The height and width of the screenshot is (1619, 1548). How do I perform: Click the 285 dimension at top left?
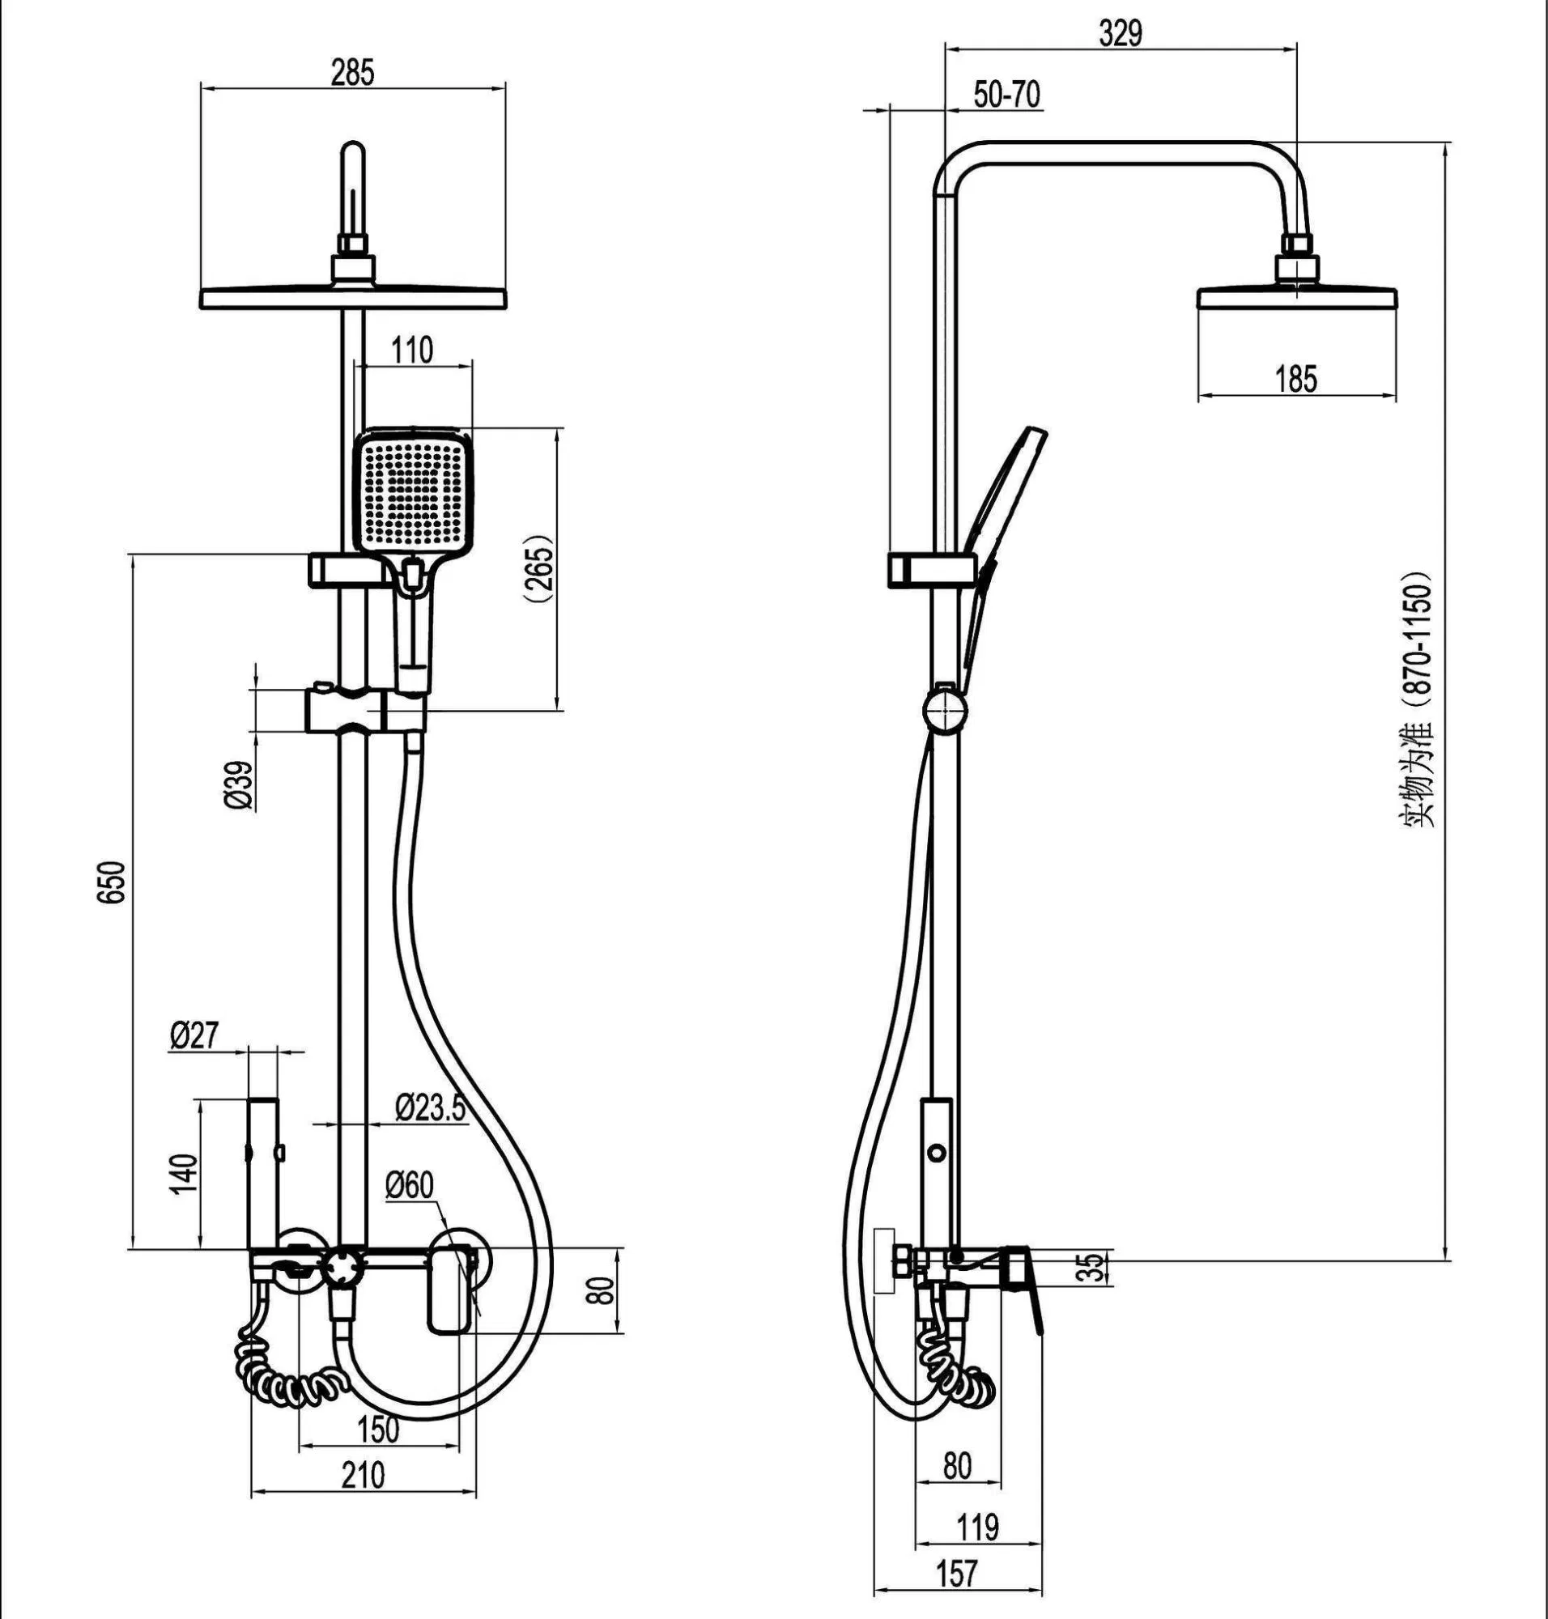(352, 74)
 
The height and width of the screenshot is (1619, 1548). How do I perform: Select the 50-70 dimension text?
(1006, 95)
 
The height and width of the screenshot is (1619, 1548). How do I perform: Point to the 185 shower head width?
(1296, 379)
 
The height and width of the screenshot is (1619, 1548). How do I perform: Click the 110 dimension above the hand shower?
(412, 350)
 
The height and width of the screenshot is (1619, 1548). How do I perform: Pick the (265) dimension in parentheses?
(541, 568)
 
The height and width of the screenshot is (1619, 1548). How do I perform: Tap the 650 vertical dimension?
(114, 882)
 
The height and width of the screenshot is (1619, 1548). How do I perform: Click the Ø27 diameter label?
(196, 1035)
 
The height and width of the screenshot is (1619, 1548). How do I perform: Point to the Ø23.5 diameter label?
(430, 1107)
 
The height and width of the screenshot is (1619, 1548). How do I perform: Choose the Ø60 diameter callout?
(410, 1187)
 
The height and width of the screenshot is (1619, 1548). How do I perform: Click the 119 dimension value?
(978, 1526)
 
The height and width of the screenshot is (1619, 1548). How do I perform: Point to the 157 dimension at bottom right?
(957, 1573)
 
